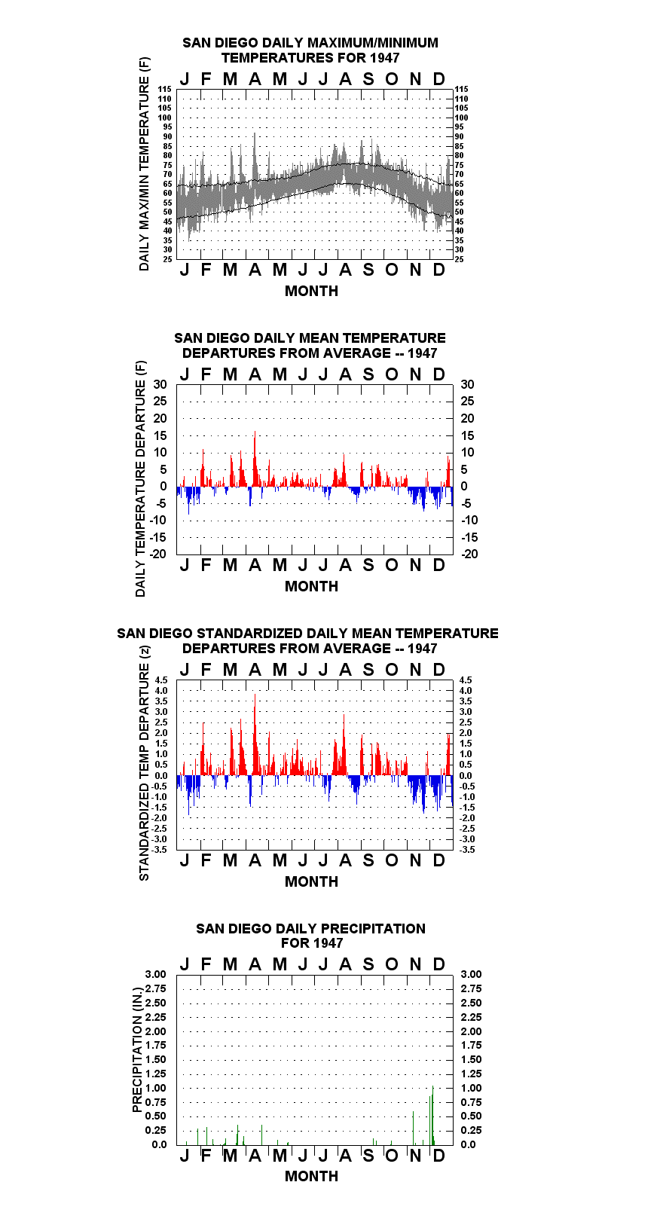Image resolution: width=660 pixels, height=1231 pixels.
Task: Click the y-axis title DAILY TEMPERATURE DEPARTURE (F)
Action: pyautogui.click(x=141, y=478)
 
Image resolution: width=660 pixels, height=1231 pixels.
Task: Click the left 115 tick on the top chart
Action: pyautogui.click(x=165, y=89)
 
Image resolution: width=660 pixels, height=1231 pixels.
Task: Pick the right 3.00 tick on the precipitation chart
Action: pyautogui.click(x=471, y=974)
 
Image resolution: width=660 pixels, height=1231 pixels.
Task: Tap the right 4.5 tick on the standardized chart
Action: pyautogui.click(x=466, y=680)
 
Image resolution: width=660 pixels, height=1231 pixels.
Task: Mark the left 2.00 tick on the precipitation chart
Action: pyautogui.click(x=155, y=1031)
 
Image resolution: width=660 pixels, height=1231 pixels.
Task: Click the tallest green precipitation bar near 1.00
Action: pyautogui.click(x=433, y=1116)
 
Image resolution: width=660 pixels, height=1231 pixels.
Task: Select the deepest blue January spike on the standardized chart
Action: pyautogui.click(x=188, y=796)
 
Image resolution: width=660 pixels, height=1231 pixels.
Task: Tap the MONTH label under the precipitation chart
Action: pyautogui.click(x=312, y=1176)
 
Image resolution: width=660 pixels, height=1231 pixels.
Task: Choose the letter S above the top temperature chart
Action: pyautogui.click(x=368, y=80)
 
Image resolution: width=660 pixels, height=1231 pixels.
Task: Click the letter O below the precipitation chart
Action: pyautogui.click(x=391, y=1156)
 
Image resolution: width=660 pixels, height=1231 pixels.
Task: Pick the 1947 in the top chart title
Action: pyautogui.click(x=385, y=58)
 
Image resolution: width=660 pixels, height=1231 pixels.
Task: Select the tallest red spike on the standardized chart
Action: pyautogui.click(x=255, y=735)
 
